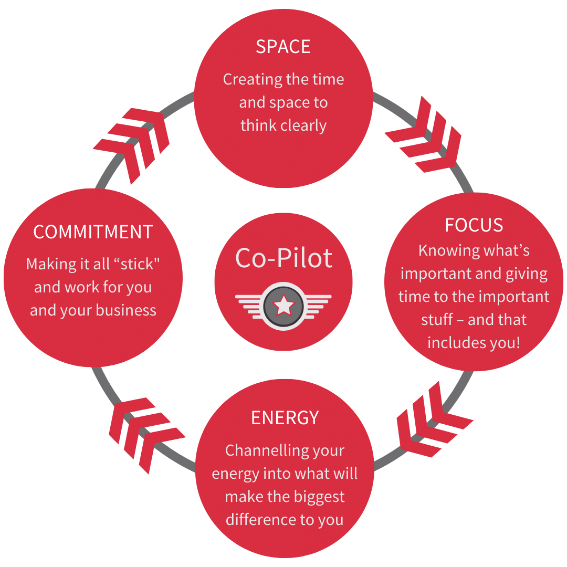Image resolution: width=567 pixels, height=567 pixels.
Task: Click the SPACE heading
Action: tap(283, 47)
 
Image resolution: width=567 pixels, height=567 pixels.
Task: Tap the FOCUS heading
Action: tap(474, 225)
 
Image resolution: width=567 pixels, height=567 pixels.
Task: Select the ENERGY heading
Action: tap(285, 417)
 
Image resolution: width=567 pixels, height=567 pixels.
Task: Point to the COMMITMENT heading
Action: tap(93, 232)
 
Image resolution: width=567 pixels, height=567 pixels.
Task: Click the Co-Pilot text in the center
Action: tap(283, 258)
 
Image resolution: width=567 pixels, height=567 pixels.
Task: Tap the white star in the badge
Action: tap(283, 305)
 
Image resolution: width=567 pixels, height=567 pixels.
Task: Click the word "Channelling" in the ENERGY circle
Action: tap(253, 450)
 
